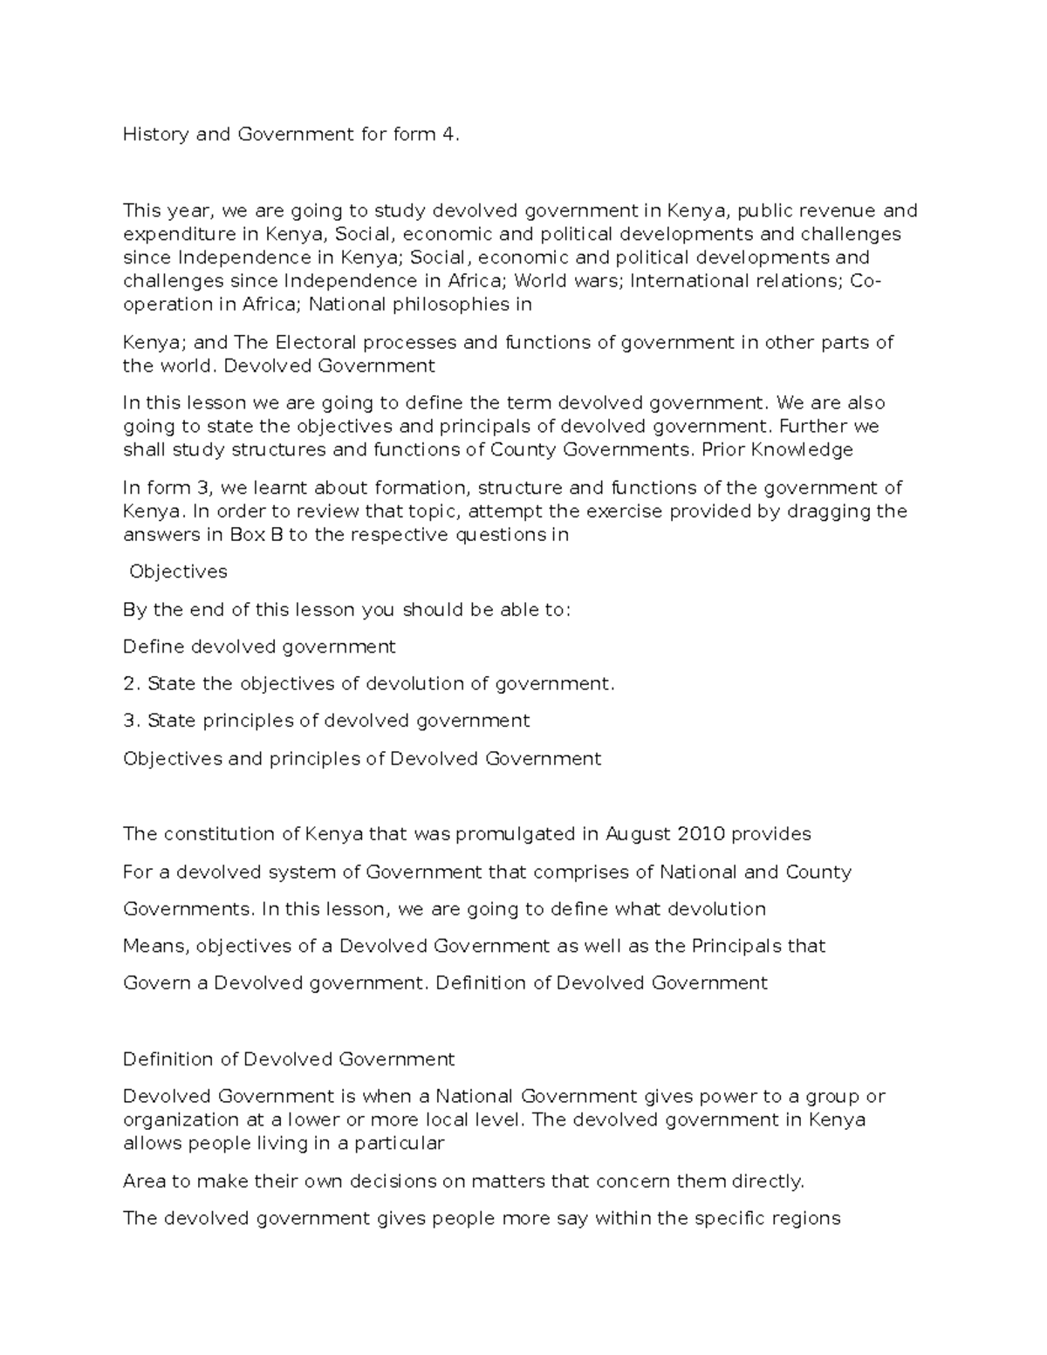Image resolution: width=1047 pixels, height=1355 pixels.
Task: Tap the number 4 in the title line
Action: click(449, 135)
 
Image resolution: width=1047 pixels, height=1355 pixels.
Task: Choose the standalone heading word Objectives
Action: click(178, 572)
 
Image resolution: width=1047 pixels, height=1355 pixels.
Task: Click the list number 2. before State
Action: click(132, 684)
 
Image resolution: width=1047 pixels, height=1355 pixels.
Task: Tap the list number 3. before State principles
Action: click(132, 721)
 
